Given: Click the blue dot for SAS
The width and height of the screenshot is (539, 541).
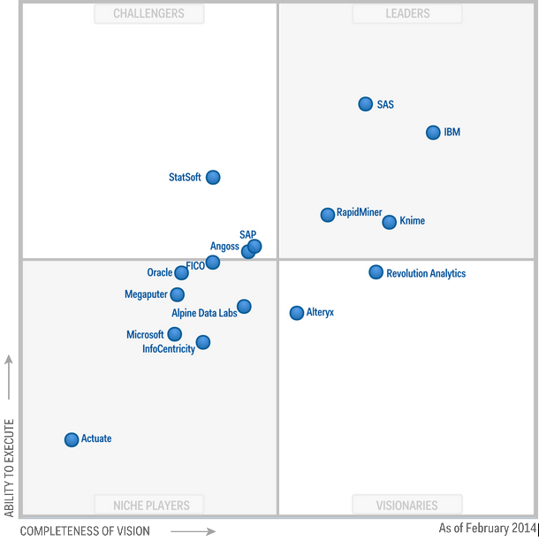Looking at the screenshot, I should pos(366,104).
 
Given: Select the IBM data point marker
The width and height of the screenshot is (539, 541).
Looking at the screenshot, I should pos(433,133).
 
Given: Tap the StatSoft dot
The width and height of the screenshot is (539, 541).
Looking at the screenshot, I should pos(213,178).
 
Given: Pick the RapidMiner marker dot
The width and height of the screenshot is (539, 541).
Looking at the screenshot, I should pos(328,215).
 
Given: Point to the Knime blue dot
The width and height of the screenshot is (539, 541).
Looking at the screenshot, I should pos(390,222).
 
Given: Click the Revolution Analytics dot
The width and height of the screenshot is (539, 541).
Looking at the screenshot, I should pos(376,272).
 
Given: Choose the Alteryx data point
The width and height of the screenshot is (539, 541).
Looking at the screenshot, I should pos(297,313).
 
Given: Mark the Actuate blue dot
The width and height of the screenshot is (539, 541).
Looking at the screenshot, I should pos(72,439).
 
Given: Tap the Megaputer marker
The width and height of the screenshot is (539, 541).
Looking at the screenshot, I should pos(178,294).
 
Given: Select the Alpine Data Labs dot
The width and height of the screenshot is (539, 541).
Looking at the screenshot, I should pos(244,307).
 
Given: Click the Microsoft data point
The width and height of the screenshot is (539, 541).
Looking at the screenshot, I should pos(175,334).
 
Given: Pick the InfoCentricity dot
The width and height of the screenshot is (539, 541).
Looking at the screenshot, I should pos(203,342).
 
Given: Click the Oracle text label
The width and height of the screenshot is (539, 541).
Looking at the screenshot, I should pos(160,273).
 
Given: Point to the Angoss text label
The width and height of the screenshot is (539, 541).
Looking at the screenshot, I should pos(224,247).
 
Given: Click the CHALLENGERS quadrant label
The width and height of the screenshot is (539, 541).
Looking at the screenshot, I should pos(149,13).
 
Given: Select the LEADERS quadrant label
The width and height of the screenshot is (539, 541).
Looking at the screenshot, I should pos(407,13).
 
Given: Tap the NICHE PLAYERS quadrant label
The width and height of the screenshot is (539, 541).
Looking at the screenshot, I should pos(151,506).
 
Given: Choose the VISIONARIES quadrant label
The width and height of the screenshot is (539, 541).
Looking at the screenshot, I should pos(407,506).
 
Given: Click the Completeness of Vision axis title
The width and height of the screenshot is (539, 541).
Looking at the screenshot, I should pos(85,530).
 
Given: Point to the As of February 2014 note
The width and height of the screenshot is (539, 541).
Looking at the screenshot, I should pos(487,529).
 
